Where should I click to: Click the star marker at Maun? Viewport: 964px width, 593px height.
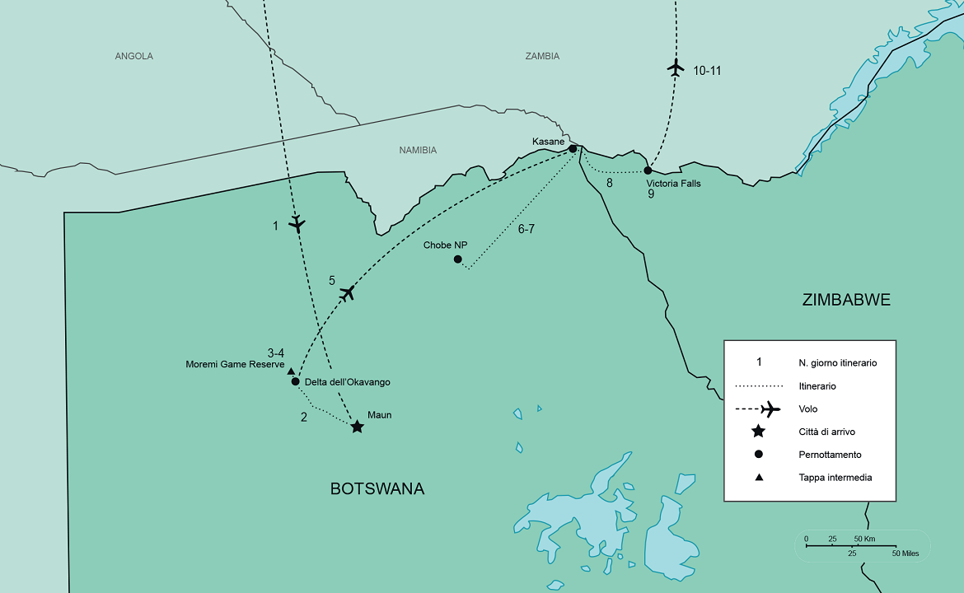(357, 427)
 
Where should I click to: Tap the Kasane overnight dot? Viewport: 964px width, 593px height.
(573, 149)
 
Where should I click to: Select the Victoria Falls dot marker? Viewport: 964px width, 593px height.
(648, 170)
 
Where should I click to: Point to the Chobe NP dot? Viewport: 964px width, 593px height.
(458, 259)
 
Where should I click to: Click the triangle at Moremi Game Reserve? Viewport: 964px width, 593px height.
(291, 371)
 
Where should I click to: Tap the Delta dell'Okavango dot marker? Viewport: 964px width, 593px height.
(295, 381)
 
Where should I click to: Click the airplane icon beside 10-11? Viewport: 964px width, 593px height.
(676, 68)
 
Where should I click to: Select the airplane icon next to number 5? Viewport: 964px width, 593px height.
(348, 292)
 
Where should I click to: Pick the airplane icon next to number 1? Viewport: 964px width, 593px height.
(297, 223)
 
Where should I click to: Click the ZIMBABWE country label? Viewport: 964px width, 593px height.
(846, 300)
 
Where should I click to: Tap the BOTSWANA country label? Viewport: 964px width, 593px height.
(377, 488)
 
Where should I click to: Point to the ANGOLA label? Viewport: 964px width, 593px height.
(134, 56)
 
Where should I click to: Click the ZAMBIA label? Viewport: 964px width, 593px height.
(542, 56)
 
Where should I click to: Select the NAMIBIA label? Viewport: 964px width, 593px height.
(418, 150)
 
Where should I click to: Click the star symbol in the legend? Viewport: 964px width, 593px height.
(759, 432)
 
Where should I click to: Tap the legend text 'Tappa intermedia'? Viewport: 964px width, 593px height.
(835, 478)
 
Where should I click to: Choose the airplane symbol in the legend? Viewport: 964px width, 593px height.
(770, 409)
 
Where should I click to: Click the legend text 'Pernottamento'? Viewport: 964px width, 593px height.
(830, 455)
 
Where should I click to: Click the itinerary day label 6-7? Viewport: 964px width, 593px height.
(526, 229)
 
